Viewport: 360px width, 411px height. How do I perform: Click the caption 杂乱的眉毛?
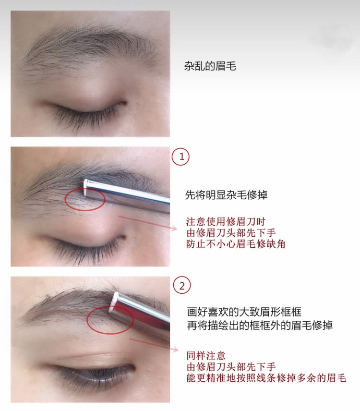[210, 66]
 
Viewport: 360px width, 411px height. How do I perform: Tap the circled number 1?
[180, 157]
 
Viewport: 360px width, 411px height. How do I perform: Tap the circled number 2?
[182, 286]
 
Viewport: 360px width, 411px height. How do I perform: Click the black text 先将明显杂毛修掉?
[226, 195]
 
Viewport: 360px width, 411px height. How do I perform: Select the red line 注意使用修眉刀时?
[226, 222]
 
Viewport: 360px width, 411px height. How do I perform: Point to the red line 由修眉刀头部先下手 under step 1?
[231, 233]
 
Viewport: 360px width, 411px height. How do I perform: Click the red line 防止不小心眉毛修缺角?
[236, 244]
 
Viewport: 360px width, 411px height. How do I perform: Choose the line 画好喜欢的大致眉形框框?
[244, 312]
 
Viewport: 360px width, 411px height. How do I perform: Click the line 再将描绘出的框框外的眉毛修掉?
[260, 325]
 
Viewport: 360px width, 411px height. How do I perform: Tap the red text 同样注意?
[206, 356]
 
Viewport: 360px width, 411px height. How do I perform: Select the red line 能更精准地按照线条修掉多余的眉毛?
[266, 378]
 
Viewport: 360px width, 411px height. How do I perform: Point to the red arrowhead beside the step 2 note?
[176, 350]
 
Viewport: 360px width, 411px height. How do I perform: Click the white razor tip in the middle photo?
[85, 187]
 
